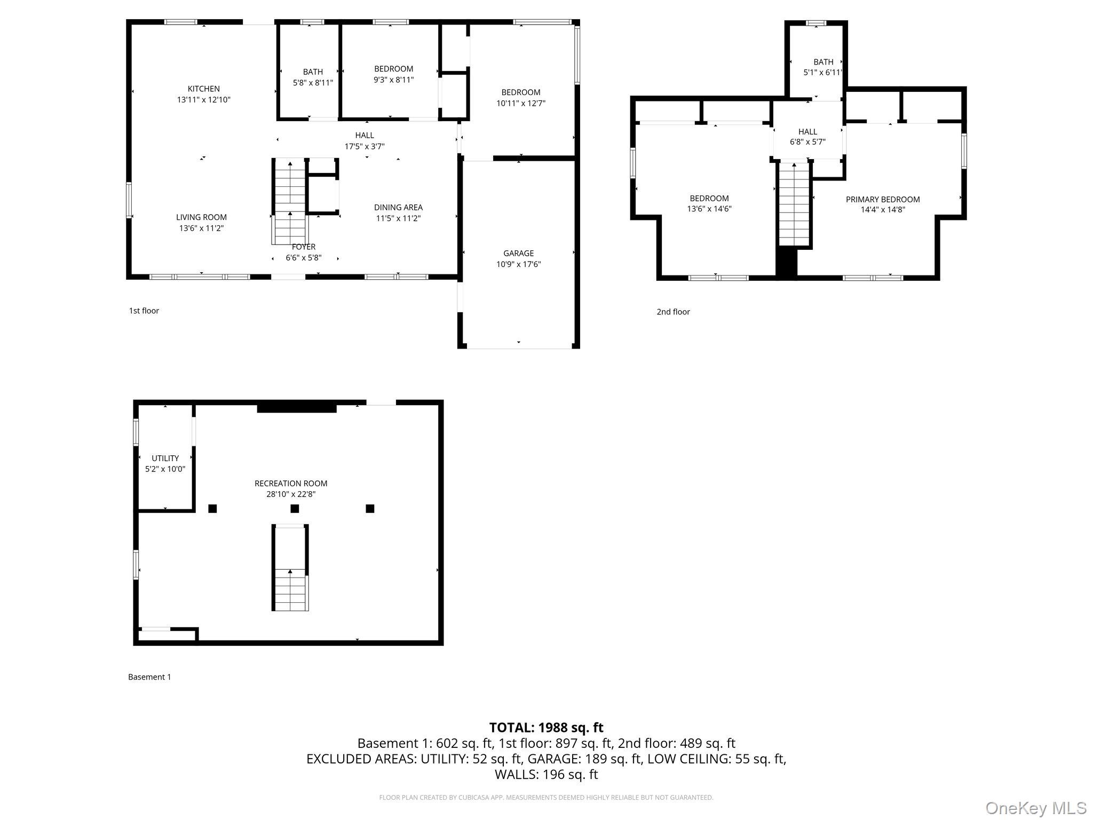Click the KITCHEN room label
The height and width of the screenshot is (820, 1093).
(203, 89)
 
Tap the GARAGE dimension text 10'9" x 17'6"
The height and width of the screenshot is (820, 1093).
(518, 264)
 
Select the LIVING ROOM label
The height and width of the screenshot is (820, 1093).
(201, 217)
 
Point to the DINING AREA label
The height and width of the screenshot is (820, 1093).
(398, 207)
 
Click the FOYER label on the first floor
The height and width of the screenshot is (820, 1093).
(303, 247)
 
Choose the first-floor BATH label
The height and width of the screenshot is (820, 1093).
(313, 72)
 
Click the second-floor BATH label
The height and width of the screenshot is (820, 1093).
(823, 62)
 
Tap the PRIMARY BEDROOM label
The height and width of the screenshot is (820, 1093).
(883, 199)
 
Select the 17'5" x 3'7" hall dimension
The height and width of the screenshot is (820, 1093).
(364, 146)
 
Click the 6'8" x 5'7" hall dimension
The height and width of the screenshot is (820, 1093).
(807, 142)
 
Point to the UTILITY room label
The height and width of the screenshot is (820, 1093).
(165, 458)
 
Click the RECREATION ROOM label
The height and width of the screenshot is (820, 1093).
(291, 483)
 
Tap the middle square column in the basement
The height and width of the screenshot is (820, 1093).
(295, 508)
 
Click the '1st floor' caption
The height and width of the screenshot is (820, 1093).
(144, 311)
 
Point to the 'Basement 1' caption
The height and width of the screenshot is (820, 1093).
(149, 677)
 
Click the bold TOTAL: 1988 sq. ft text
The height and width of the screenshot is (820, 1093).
(546, 727)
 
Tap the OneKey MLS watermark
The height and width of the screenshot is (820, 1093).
(1035, 808)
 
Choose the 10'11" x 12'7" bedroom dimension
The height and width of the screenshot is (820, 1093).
(520, 104)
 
